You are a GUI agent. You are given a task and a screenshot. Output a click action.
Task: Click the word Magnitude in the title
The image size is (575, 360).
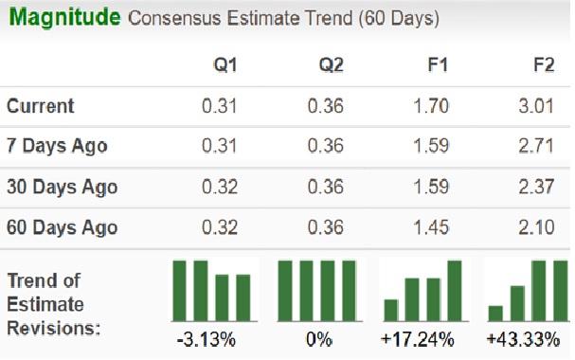tap(64, 18)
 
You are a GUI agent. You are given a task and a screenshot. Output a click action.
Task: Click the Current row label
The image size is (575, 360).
tap(41, 106)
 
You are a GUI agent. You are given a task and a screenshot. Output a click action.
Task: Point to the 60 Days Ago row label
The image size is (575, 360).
tap(63, 228)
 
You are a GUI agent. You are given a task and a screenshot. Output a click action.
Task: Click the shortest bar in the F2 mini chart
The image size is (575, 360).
tap(495, 314)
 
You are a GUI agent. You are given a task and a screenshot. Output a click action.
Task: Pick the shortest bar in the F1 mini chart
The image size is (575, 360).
tap(391, 310)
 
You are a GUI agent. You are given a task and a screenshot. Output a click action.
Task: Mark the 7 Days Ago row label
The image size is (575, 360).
tap(57, 147)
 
